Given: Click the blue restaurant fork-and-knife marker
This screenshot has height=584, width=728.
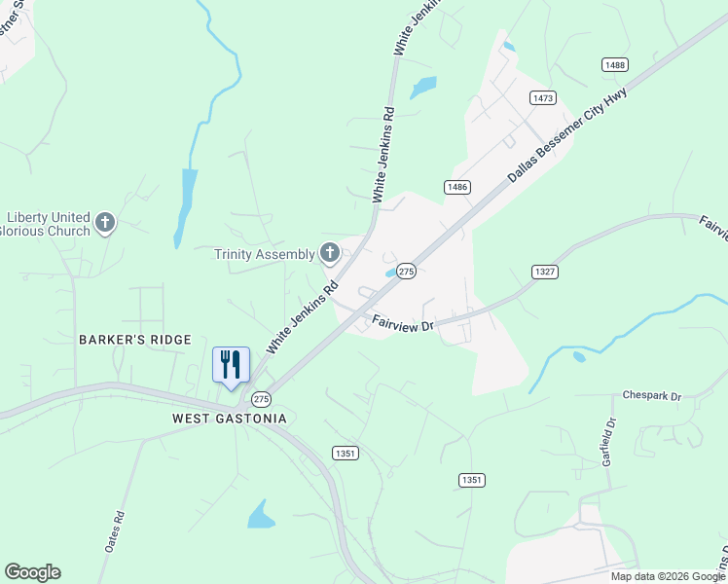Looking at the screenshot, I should [x=231, y=365].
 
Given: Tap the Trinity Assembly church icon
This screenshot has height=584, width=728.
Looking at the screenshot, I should [x=330, y=254].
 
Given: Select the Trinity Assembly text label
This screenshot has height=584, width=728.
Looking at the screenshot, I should [x=265, y=255].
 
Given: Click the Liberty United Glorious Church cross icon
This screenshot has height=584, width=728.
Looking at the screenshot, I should [x=105, y=224].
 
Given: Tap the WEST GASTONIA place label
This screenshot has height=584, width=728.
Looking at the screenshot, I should [x=230, y=419].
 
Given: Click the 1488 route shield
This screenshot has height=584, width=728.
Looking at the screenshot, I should [x=614, y=65].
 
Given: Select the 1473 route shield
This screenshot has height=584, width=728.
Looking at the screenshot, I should [x=543, y=98].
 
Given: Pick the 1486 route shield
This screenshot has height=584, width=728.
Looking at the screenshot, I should [x=458, y=187].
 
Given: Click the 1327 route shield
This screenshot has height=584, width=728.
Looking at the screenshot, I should [x=545, y=272].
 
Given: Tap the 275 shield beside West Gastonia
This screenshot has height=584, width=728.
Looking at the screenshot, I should [x=261, y=399].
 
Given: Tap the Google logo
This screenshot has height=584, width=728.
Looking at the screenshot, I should [x=32, y=572].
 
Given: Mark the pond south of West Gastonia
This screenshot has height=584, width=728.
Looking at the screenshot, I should [x=261, y=515].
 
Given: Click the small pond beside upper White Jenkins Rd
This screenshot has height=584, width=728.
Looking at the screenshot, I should [x=423, y=88].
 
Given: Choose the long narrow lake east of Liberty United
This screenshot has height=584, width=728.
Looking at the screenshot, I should [x=185, y=204].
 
